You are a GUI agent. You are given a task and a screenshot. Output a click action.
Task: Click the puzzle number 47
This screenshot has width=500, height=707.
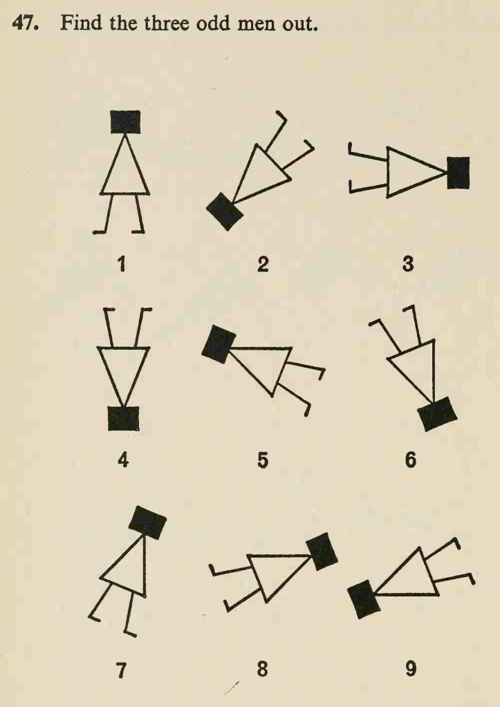click(25, 23)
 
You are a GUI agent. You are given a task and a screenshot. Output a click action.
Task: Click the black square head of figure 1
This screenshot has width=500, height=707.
click(125, 122)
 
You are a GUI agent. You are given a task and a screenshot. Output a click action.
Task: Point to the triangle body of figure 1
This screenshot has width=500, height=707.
click(124, 165)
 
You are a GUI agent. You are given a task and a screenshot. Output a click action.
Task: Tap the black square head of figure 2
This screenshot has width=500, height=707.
click(225, 211)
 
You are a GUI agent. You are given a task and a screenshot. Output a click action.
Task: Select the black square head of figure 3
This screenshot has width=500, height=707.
click(458, 173)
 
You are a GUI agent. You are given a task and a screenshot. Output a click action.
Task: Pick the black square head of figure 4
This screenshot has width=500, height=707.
click(123, 418)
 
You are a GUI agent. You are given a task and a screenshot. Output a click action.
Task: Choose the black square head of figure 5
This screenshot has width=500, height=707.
click(219, 344)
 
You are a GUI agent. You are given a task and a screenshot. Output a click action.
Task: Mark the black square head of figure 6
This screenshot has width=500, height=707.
click(437, 414)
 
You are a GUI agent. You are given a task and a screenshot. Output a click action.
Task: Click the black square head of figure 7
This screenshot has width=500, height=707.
click(147, 522)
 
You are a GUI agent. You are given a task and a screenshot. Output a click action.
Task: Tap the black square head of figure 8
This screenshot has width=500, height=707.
click(322, 551)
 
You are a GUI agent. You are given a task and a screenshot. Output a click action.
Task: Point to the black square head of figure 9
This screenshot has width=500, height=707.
click(364, 599)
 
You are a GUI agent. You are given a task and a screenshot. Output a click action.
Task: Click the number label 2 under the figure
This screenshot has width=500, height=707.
click(263, 264)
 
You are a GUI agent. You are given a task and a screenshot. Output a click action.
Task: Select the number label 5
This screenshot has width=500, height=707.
click(263, 460)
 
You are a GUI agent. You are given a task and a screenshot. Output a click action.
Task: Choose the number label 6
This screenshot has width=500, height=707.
click(410, 460)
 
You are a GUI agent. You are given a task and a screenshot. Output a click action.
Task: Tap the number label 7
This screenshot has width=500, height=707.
click(122, 670)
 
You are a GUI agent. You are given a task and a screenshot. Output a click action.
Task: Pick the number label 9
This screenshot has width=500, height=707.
click(410, 668)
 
